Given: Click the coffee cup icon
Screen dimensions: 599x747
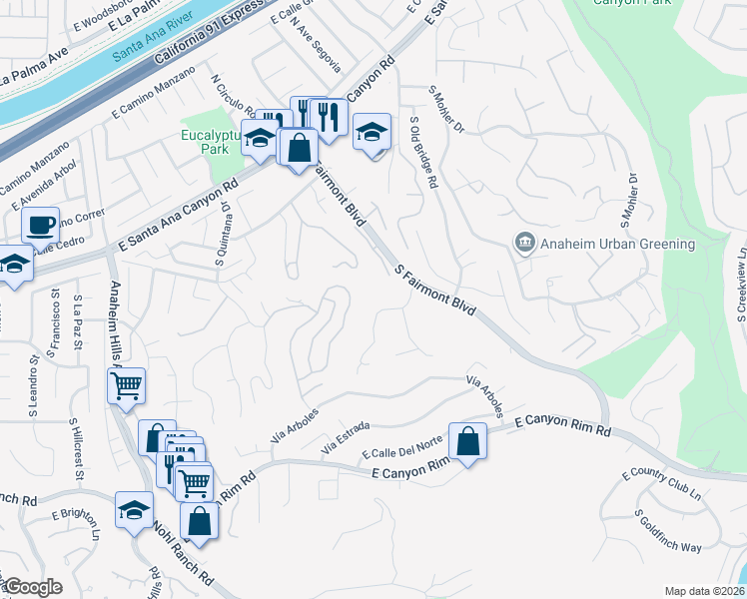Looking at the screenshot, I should [x=41, y=225].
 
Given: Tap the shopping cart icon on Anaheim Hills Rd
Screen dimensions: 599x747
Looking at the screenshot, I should [x=127, y=384].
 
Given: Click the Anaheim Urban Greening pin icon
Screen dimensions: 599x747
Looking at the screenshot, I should [x=524, y=244].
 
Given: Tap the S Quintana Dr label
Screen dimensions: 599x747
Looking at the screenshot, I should [x=223, y=237].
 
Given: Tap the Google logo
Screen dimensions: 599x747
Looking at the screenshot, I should [x=33, y=587].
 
